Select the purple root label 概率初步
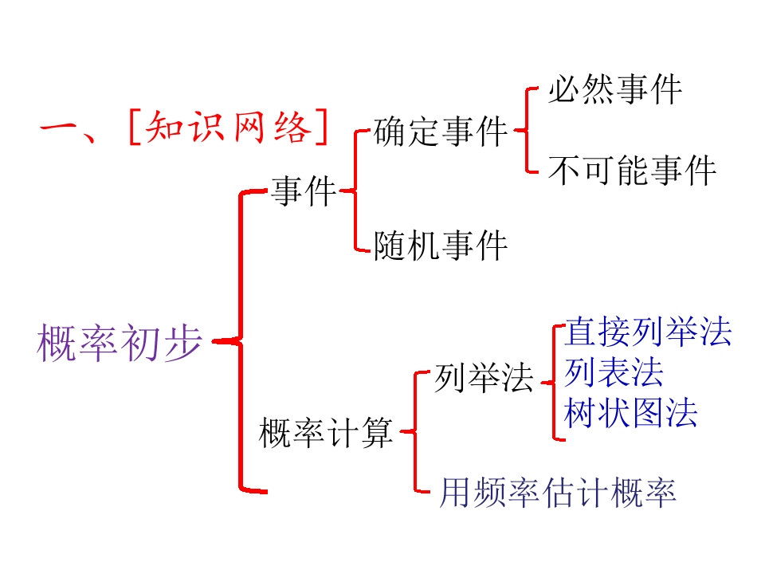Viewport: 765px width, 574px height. (x=119, y=342)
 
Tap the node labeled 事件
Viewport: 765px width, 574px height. (x=304, y=192)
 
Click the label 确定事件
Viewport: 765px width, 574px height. (x=441, y=132)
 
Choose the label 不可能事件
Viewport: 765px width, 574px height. (x=632, y=170)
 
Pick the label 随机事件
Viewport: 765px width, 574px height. (x=441, y=245)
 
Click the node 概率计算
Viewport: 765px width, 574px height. (x=327, y=434)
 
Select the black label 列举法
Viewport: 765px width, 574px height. (x=484, y=378)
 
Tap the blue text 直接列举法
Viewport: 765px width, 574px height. (x=648, y=332)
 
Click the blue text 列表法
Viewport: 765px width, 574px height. (x=614, y=372)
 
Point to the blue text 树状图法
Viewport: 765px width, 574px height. (x=630, y=413)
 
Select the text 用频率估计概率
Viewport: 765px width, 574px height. (x=558, y=493)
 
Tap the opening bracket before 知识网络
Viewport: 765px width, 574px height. (x=133, y=128)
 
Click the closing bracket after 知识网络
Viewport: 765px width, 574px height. (x=321, y=128)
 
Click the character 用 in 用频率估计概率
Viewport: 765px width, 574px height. (x=456, y=493)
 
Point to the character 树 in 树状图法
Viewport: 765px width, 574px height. (x=580, y=413)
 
